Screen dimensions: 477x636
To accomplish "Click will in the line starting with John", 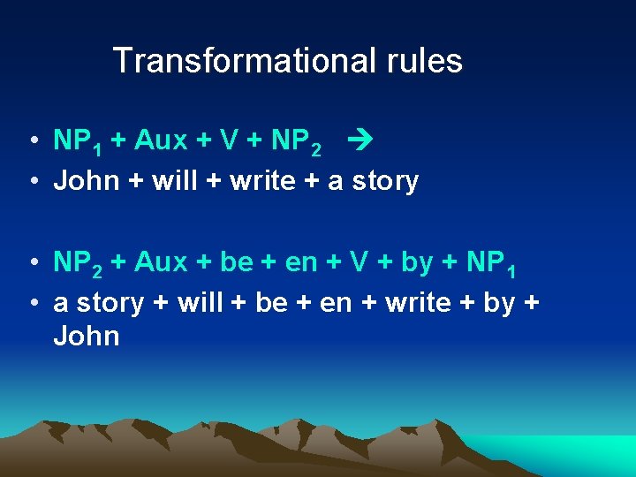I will coord(176,181).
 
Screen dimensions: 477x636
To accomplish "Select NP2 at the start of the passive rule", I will coord(77,263).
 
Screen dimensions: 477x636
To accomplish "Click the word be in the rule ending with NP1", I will coord(237,262).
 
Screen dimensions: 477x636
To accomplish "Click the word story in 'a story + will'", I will coord(110,304).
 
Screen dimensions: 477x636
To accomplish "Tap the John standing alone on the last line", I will coord(87,337).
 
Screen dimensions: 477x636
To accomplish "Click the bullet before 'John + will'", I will coord(31,182).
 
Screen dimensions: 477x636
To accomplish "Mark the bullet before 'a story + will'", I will coord(31,304).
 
